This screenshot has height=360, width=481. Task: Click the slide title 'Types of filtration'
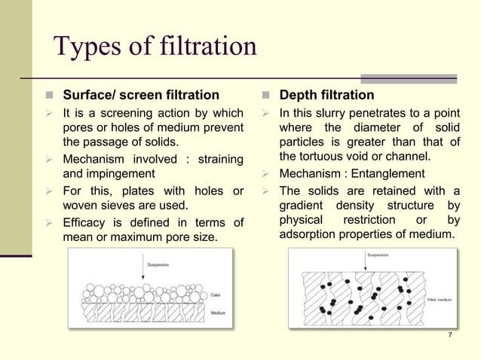point(155,47)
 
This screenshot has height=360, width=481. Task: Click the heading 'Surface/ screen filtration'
point(141,96)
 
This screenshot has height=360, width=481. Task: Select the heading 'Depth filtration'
point(326,96)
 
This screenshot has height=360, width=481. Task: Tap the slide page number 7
point(449,335)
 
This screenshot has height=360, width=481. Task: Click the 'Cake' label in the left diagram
point(215,295)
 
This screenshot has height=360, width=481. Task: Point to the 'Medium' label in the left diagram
point(218,313)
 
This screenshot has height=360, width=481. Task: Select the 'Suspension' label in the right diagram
point(378,256)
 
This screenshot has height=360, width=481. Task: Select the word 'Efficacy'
point(87,223)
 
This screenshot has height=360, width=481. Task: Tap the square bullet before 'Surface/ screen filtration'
point(48,96)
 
